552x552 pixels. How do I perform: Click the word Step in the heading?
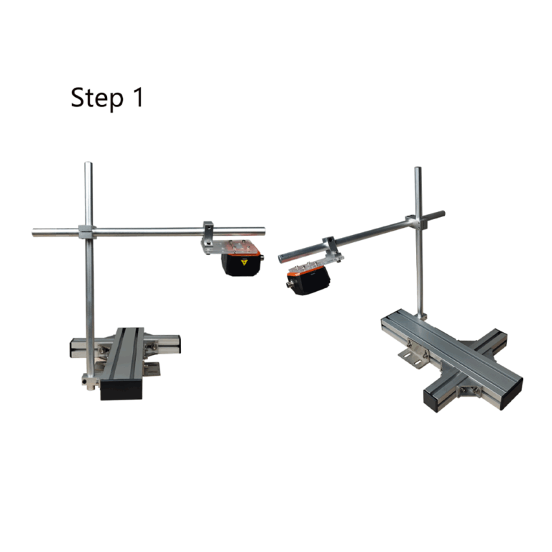point(97,98)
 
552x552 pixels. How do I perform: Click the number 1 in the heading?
point(138,97)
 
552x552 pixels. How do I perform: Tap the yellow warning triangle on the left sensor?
point(244,262)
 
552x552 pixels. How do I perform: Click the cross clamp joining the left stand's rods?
point(87,231)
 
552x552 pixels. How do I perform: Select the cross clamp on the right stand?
point(415,223)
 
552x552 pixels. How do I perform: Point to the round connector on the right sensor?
point(291,284)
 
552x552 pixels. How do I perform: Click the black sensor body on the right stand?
point(309,280)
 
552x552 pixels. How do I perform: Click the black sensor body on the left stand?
point(242,264)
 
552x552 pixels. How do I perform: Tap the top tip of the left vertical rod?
point(88,163)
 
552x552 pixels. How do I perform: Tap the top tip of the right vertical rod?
point(418,168)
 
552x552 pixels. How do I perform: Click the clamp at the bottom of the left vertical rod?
point(89,382)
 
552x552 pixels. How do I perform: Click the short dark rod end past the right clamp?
point(436,215)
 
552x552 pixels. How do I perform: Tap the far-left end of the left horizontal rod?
point(34,233)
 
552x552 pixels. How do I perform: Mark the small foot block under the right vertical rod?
point(422,316)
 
